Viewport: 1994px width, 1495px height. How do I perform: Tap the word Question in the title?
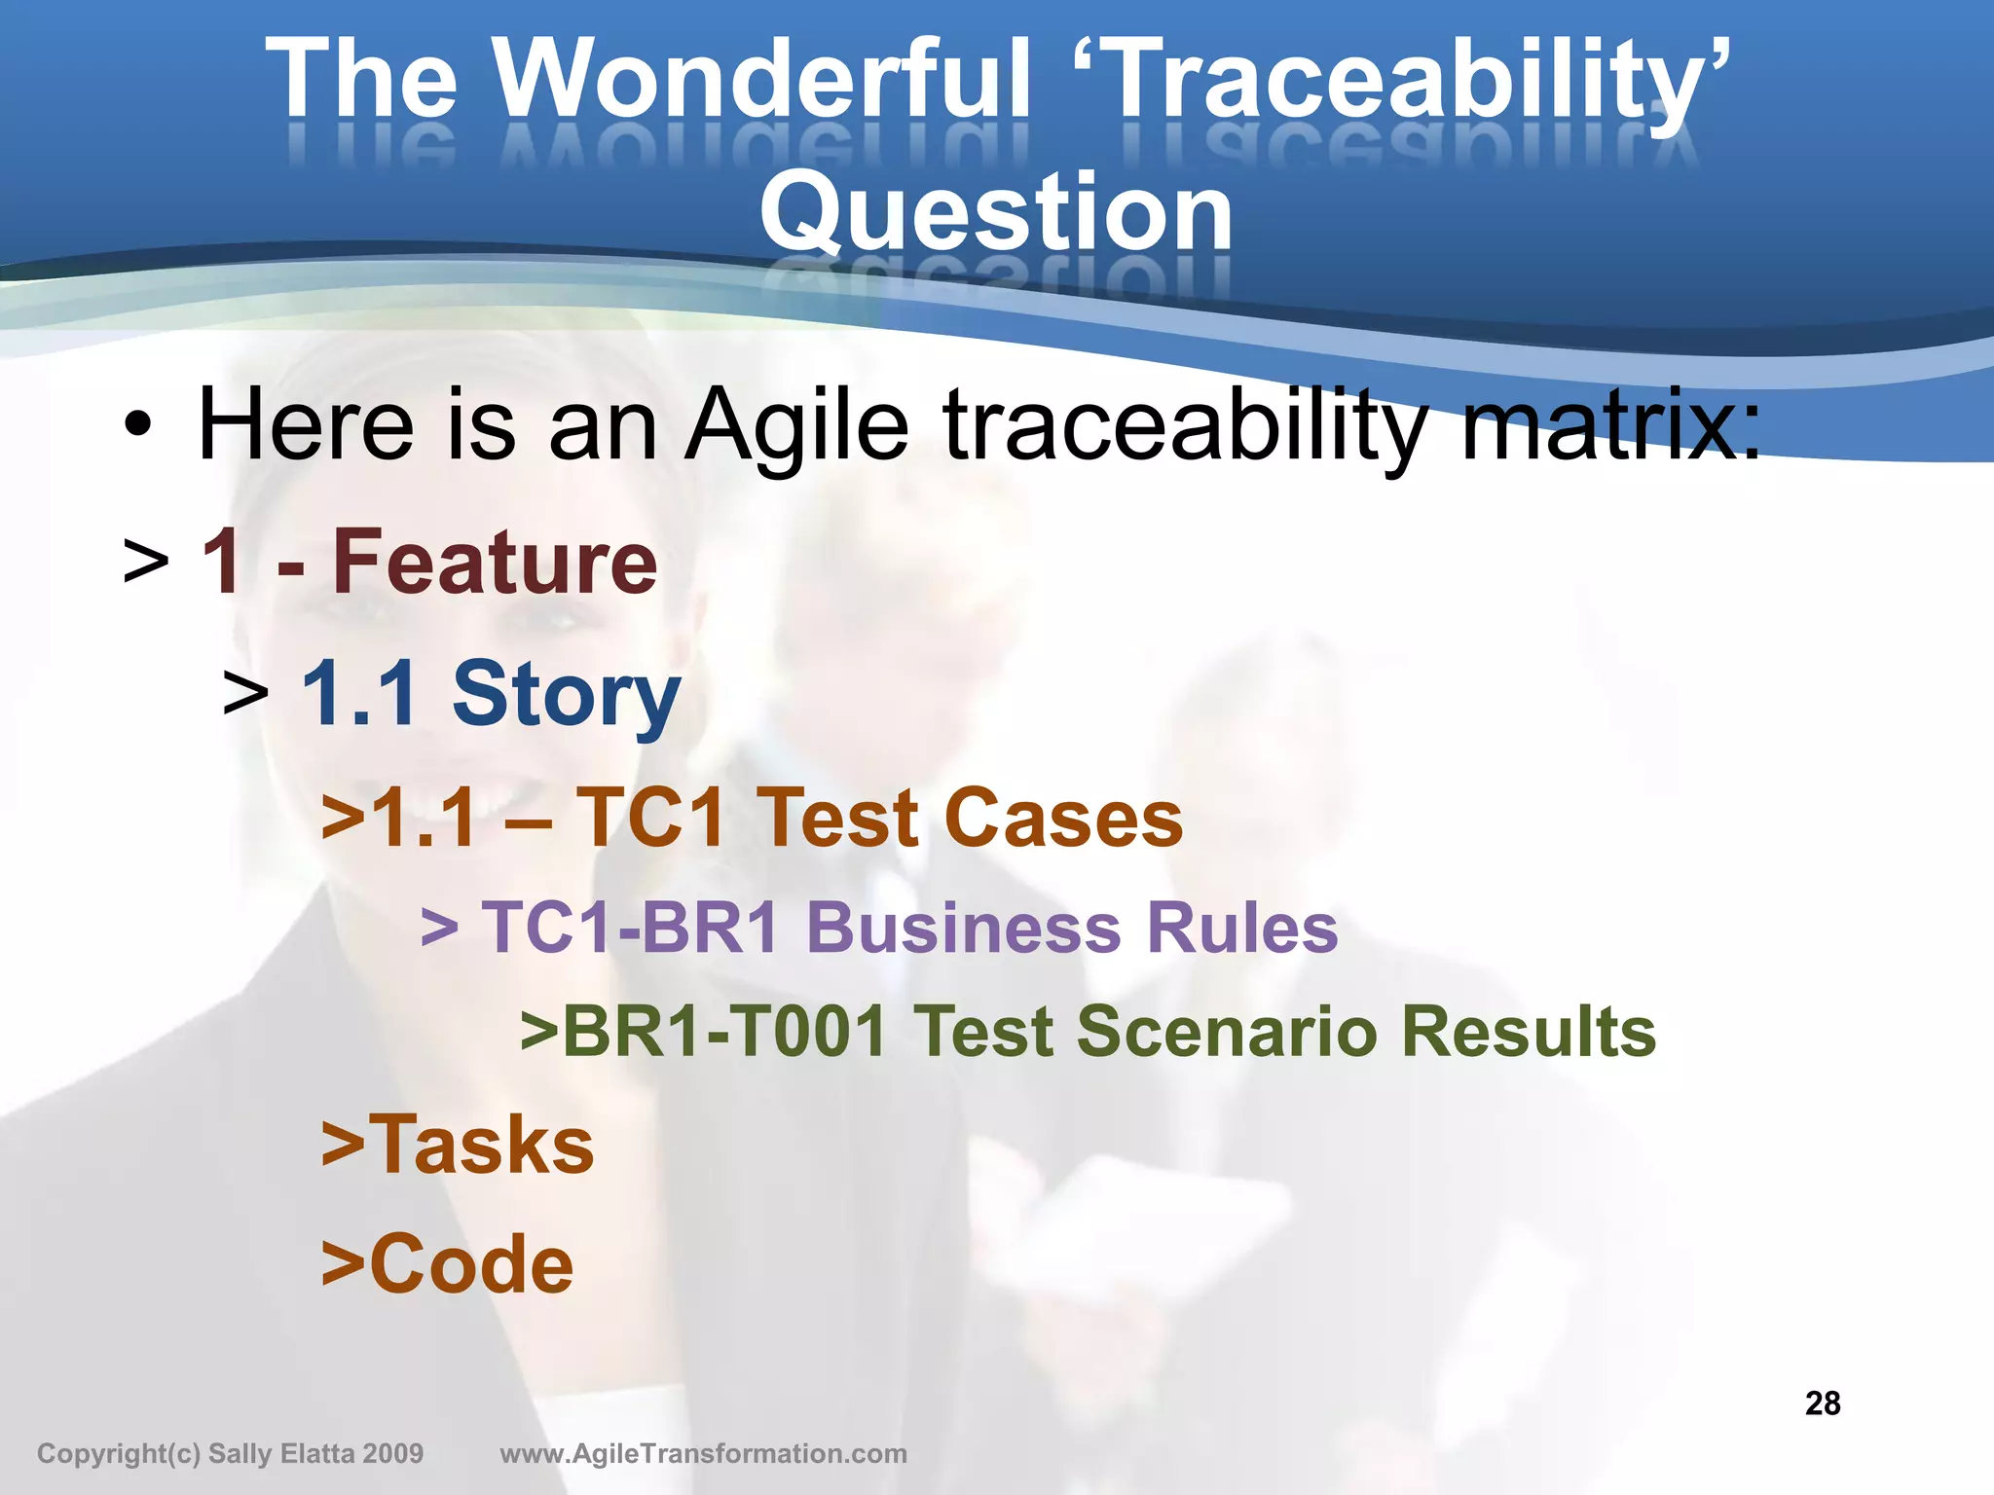click(996, 212)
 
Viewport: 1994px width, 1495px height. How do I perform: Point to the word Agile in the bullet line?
click(796, 426)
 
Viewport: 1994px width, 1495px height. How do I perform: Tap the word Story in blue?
click(566, 695)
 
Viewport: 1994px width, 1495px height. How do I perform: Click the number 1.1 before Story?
click(359, 692)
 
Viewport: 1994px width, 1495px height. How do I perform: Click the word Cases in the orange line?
click(1063, 818)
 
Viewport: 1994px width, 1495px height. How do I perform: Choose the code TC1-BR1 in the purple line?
click(631, 927)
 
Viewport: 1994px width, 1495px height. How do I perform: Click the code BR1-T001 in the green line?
click(724, 1031)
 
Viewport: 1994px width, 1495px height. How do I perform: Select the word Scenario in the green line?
click(1227, 1031)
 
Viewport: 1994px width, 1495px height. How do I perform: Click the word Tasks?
click(481, 1145)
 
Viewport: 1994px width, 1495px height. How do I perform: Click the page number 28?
click(1823, 1404)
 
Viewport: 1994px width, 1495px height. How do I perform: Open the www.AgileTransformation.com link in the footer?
click(703, 1454)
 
